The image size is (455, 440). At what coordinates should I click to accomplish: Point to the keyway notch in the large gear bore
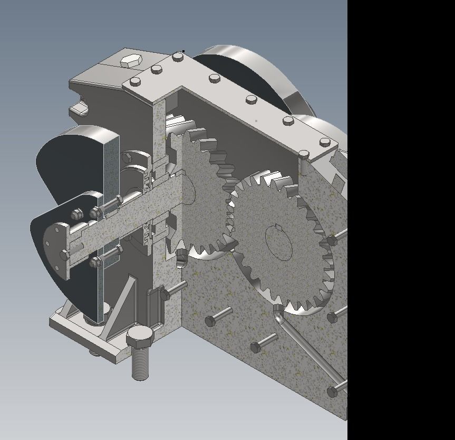click(x=275, y=229)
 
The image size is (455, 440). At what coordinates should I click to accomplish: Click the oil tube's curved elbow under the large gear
click(x=278, y=314)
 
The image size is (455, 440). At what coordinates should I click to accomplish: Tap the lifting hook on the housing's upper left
click(x=78, y=108)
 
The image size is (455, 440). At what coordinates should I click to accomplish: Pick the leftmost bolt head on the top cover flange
click(x=135, y=82)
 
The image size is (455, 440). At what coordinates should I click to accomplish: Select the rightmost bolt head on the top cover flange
click(x=325, y=142)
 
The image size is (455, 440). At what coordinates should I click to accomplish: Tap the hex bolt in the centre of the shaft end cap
click(x=65, y=255)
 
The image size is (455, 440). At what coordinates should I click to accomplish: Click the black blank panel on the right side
click(x=401, y=211)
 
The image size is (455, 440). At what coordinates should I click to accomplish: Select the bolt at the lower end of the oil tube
click(x=333, y=391)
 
